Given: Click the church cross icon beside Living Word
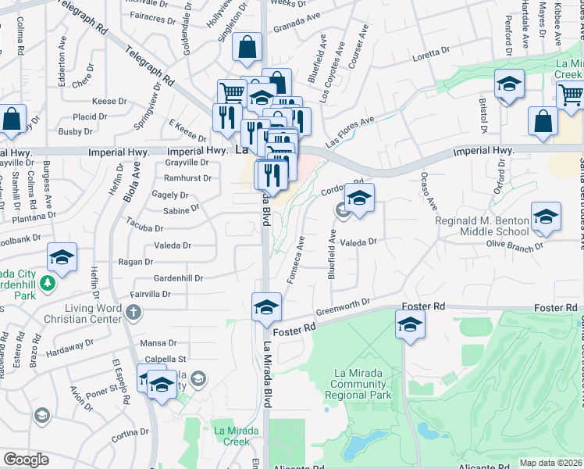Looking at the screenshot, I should (134, 313).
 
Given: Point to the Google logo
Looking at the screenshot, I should (26, 460).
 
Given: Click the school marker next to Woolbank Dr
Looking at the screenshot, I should (62, 257).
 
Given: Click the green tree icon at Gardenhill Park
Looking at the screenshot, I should (48, 282).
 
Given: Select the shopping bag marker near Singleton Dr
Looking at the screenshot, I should (247, 47).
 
